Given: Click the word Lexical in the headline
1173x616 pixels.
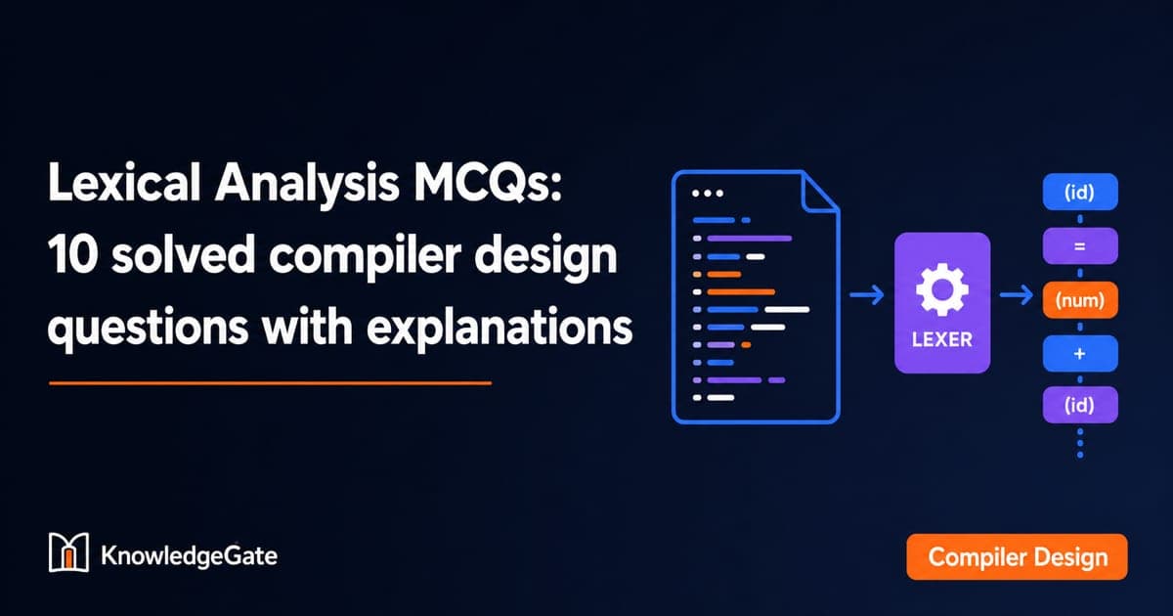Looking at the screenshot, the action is click(124, 182).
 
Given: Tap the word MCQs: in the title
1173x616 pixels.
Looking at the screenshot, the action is click(488, 183).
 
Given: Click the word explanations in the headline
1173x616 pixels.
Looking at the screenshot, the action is click(500, 329).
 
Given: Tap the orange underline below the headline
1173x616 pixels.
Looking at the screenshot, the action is click(270, 383).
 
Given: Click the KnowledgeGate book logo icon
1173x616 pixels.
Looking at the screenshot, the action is click(68, 552).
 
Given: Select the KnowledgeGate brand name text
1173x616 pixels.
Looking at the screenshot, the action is click(189, 555).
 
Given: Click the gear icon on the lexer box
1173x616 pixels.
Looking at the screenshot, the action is click(942, 289).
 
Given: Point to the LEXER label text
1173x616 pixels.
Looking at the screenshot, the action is click(942, 340).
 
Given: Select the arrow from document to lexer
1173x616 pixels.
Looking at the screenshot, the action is click(867, 295).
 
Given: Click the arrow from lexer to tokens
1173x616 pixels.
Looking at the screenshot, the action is click(1017, 295).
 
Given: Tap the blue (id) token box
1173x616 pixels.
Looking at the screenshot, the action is click(1080, 193).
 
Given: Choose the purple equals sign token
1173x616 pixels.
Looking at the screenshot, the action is click(1080, 245).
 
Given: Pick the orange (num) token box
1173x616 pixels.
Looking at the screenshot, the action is click(1080, 300).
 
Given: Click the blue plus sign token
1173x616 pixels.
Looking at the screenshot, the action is click(1080, 354).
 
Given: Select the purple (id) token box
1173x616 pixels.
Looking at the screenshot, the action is click(1080, 405).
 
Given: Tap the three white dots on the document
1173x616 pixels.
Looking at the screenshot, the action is click(708, 194).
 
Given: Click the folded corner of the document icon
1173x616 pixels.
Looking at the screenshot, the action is click(820, 193).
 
